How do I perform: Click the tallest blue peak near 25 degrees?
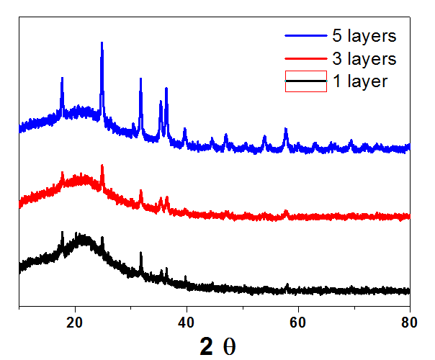102,43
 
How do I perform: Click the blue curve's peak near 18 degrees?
63,79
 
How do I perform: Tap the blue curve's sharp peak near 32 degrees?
140,79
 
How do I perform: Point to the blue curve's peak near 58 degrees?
286,130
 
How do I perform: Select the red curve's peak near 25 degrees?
102,166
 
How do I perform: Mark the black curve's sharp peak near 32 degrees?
140,253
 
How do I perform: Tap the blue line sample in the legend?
306,35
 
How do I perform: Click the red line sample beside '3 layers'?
306,58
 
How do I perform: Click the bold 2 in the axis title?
207,346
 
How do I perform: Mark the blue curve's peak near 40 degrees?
185,130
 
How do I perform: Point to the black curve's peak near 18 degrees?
63,233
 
